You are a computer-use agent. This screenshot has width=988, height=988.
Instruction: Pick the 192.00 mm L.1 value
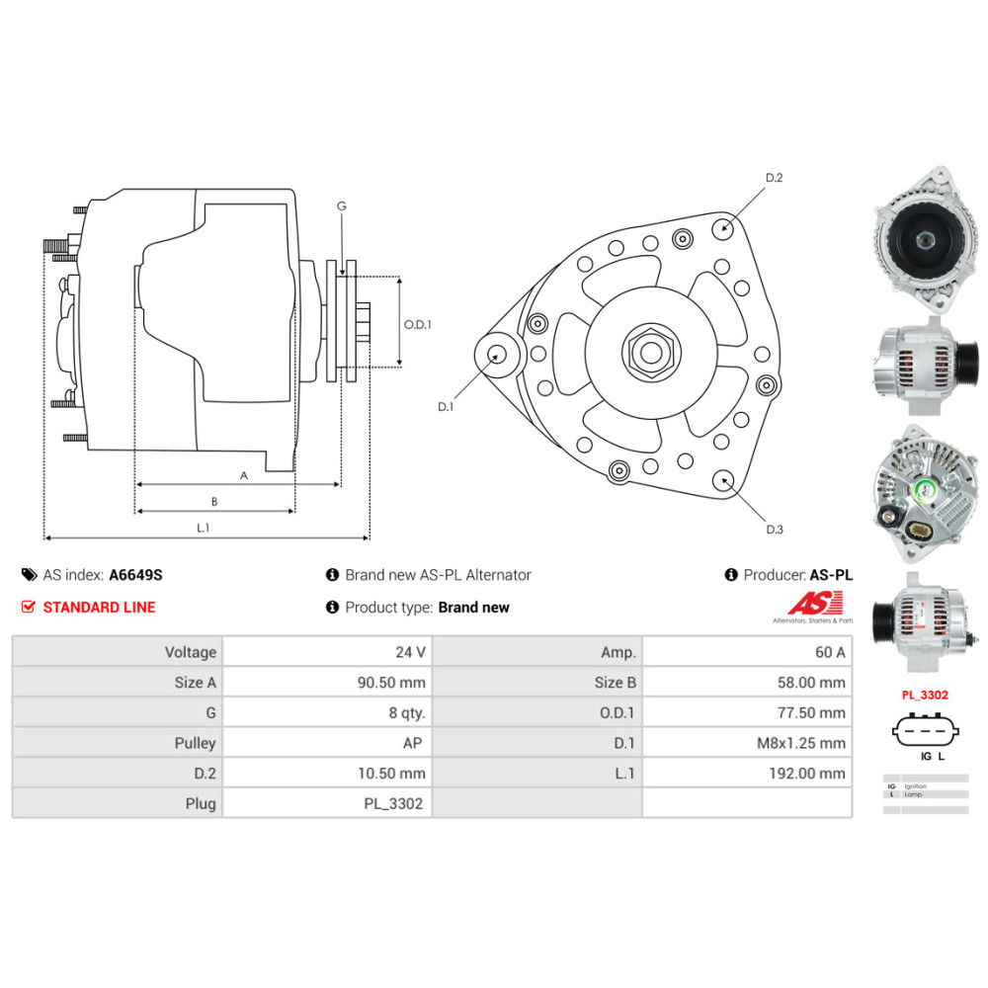pyautogui.click(x=807, y=774)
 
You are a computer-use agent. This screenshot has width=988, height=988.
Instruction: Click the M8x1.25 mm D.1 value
pyautogui.click(x=800, y=743)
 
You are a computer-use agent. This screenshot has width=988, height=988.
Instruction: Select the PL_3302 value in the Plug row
pyautogui.click(x=393, y=804)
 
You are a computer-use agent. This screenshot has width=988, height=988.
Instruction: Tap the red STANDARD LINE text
pyautogui.click(x=99, y=607)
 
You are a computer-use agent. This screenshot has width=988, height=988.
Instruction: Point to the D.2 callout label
pyautogui.click(x=774, y=178)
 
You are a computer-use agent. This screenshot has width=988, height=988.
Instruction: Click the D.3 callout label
pyautogui.click(x=775, y=530)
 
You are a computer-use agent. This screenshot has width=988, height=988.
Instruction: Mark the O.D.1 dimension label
pyautogui.click(x=418, y=323)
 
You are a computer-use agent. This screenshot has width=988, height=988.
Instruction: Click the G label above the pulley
pyautogui.click(x=342, y=206)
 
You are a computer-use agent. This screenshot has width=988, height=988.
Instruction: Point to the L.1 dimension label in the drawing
pyautogui.click(x=203, y=529)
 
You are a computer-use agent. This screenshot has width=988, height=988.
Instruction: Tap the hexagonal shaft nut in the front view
pyautogui.click(x=649, y=350)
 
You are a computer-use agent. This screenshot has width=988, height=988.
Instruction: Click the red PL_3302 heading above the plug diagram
pyautogui.click(x=924, y=696)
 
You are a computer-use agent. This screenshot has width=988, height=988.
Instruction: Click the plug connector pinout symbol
pyautogui.click(x=925, y=732)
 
